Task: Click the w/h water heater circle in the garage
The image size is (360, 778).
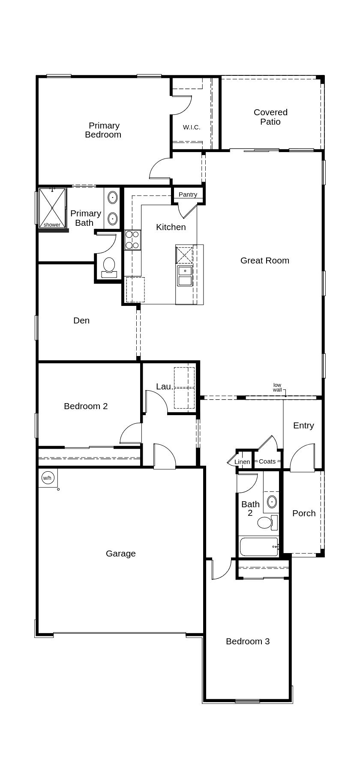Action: [x=47, y=478]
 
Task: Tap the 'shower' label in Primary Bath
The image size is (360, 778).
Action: [x=52, y=224]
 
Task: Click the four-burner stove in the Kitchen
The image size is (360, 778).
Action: [x=132, y=240]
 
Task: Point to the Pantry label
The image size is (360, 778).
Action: [x=188, y=194]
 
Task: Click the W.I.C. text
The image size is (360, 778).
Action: [x=192, y=127]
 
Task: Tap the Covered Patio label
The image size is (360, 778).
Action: [x=270, y=117]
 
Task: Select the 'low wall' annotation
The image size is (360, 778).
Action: [x=277, y=387]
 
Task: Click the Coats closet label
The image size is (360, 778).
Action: [x=267, y=461]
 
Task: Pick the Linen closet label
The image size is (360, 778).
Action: [x=242, y=462]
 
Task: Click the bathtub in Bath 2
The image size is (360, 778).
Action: [x=258, y=547]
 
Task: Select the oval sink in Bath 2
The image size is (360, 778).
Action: [x=272, y=501]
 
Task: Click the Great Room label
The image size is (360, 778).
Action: [x=264, y=260]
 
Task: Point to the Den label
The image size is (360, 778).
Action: [x=81, y=320]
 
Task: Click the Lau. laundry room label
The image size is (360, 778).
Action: [x=165, y=386]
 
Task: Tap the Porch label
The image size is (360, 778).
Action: [x=304, y=513]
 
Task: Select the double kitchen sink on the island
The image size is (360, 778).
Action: [x=185, y=275]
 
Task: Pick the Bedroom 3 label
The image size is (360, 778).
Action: [x=248, y=641]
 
